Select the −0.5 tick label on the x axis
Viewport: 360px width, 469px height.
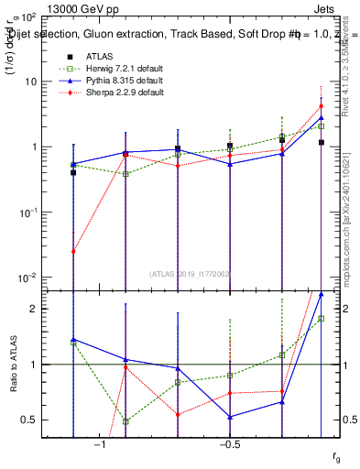pos(227,446)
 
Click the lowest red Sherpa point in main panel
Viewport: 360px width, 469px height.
pos(73,251)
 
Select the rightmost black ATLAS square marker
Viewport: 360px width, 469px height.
pos(322,142)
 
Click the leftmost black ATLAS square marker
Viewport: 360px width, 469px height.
pos(73,172)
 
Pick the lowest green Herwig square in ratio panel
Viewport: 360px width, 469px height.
pos(125,421)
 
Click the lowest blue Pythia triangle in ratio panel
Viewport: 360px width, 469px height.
pos(230,417)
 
